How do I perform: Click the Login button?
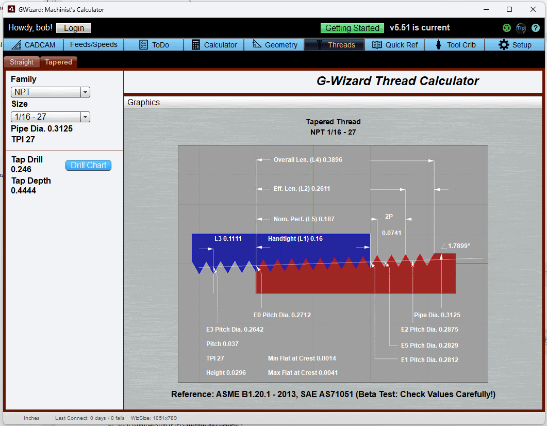(x=74, y=28)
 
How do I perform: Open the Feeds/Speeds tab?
(x=93, y=45)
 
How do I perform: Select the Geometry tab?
(x=275, y=45)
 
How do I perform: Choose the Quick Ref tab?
(x=395, y=45)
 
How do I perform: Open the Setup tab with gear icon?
(x=515, y=45)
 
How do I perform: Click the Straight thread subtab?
(x=22, y=62)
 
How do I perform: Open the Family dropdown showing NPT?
(x=51, y=92)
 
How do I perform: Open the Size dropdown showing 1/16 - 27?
(x=51, y=117)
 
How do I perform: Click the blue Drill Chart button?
(x=88, y=166)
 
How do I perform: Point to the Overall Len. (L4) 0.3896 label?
(x=308, y=160)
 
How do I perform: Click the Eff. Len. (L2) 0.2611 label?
(x=302, y=189)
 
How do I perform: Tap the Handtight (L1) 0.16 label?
(x=295, y=239)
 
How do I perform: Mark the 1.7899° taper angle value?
(x=459, y=246)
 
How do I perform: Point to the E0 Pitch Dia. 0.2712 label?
(x=282, y=315)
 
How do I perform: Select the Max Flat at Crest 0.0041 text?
(x=303, y=373)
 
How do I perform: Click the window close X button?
(x=533, y=9)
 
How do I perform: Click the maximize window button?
(x=509, y=9)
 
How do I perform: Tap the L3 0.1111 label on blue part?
(x=228, y=239)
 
